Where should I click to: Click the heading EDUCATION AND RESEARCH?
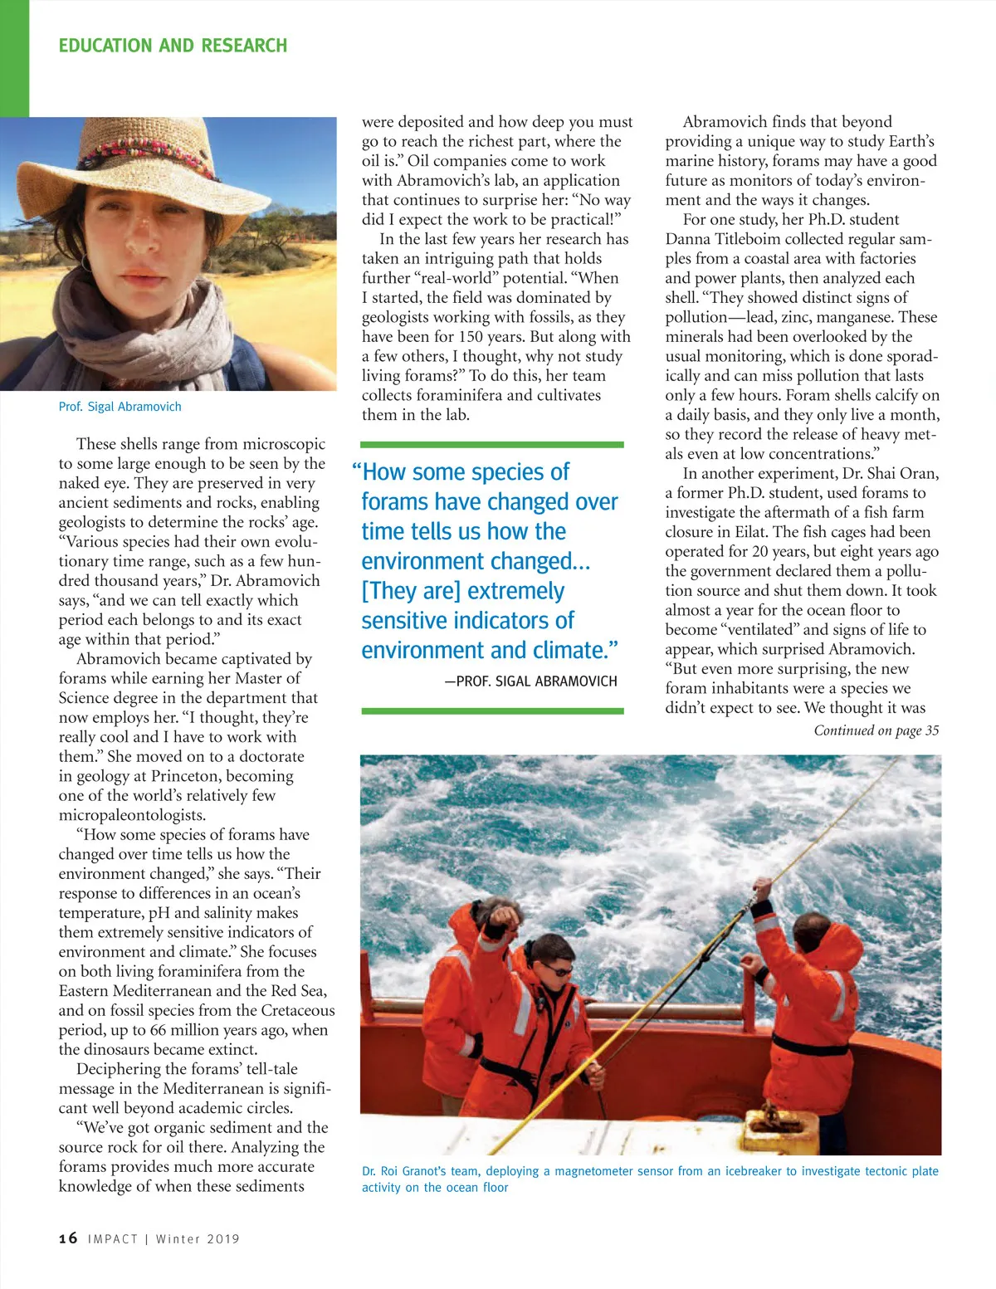tap(173, 46)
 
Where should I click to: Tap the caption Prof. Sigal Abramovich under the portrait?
tap(120, 407)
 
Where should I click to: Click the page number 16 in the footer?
tap(68, 1238)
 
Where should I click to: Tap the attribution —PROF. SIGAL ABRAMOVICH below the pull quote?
tap(531, 681)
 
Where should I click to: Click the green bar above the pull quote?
tap(492, 445)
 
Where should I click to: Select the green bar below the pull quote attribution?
tap(492, 711)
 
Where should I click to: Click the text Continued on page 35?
tap(876, 730)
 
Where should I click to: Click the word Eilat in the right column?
tap(750, 532)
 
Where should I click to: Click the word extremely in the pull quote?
tap(516, 591)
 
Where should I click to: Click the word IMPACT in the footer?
tap(113, 1239)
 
